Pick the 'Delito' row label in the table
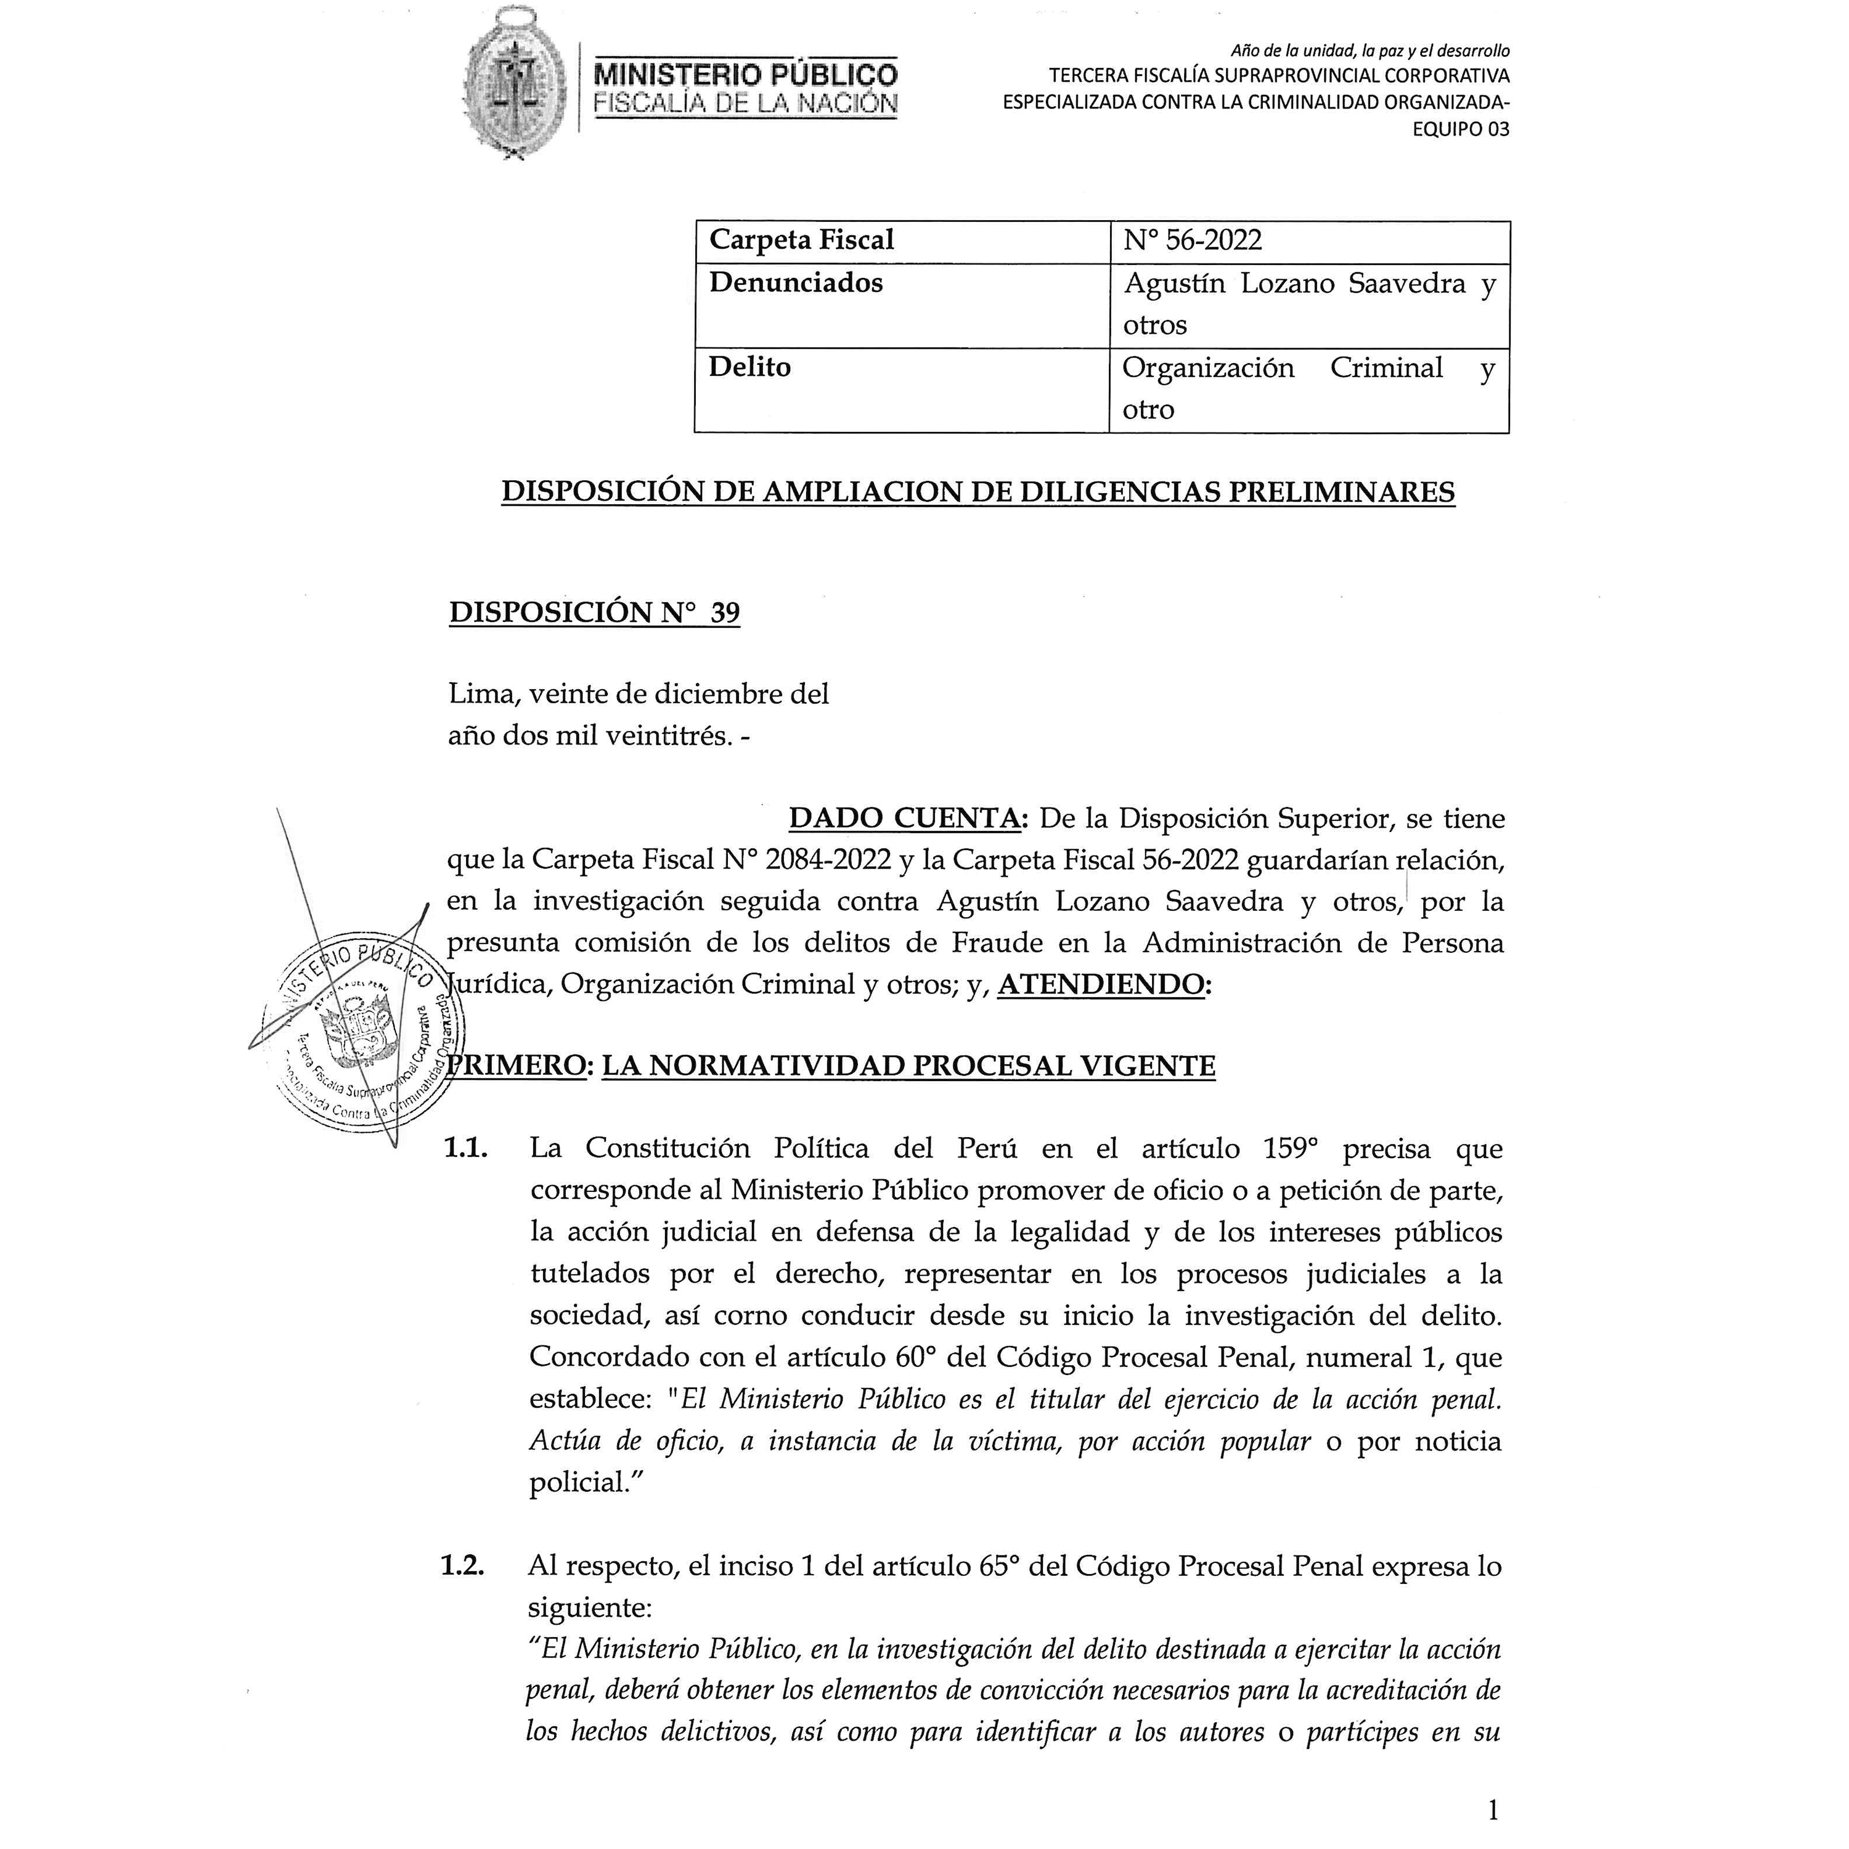(749, 367)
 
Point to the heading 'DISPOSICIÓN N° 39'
(594, 613)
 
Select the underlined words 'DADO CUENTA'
(904, 819)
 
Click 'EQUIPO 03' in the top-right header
(1461, 129)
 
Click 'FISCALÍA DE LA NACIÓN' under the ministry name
(746, 104)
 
